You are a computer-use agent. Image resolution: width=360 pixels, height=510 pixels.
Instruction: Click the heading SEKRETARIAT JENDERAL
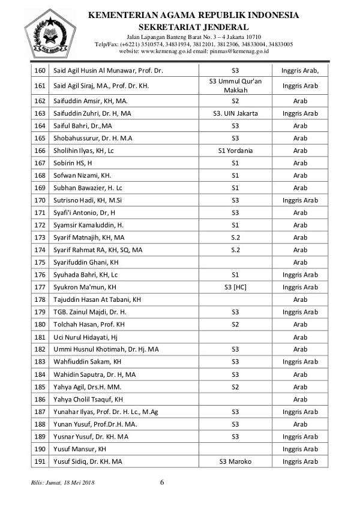click(x=193, y=27)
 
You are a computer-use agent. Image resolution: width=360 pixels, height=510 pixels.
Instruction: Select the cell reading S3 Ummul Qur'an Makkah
click(x=235, y=85)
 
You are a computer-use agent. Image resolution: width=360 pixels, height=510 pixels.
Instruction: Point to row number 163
click(x=40, y=113)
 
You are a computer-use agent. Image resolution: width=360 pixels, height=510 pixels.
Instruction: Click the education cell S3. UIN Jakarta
click(x=235, y=113)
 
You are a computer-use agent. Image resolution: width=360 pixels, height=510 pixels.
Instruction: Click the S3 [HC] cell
click(x=235, y=287)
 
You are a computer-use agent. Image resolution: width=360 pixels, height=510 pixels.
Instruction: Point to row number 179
click(x=40, y=312)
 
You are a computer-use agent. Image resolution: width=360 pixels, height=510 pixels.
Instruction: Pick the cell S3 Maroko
click(x=235, y=461)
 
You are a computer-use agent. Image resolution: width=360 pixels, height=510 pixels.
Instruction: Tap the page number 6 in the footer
click(x=163, y=482)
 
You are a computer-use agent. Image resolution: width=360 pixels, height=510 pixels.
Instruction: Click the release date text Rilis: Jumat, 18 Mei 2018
click(x=62, y=482)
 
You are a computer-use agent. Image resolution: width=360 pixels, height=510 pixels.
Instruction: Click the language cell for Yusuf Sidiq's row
click(x=300, y=461)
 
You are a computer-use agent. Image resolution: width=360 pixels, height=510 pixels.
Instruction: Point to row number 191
click(x=40, y=461)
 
